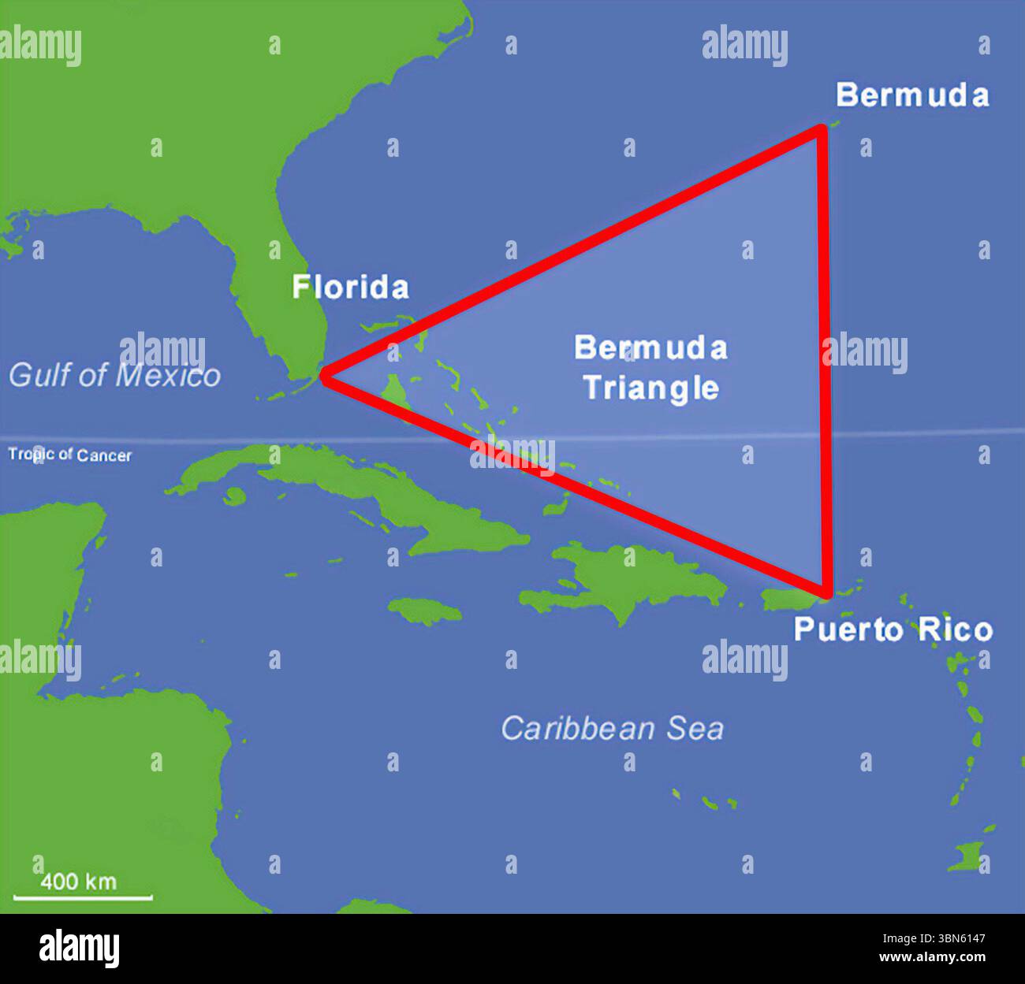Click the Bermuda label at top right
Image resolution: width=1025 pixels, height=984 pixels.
[x=912, y=95]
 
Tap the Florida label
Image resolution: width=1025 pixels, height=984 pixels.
[x=351, y=287]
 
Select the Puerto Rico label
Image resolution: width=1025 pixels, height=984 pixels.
[x=893, y=630]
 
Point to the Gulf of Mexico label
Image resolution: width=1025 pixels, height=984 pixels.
[x=115, y=375]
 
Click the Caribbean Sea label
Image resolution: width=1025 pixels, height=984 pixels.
[x=612, y=729]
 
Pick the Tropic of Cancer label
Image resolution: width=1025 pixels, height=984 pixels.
[x=70, y=455]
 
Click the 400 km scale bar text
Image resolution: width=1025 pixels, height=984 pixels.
[x=78, y=880]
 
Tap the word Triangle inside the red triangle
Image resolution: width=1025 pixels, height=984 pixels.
[x=651, y=388]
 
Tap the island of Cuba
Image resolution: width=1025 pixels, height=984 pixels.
[x=355, y=488]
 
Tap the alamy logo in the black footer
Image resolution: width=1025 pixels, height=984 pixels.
[x=80, y=949]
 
